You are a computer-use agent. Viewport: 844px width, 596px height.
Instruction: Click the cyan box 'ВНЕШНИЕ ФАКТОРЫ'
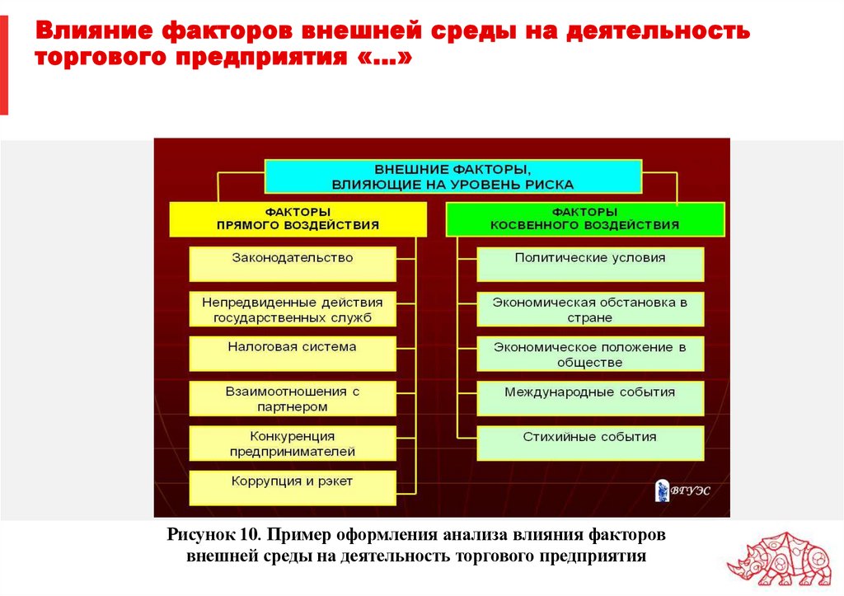pos(452,176)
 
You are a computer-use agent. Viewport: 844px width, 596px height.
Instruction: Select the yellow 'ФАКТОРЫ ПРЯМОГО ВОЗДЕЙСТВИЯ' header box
pos(298,218)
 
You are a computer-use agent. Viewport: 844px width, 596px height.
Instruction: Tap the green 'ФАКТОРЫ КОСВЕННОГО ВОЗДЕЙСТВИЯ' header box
pos(584,218)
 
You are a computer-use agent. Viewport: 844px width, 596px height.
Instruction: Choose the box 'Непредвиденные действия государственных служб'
pos(292,309)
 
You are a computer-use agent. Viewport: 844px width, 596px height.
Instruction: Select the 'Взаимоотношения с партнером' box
pos(292,398)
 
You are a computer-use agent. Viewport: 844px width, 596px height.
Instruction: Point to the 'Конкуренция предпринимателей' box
pos(292,443)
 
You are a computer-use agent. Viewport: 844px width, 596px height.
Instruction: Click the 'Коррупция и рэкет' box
pos(292,486)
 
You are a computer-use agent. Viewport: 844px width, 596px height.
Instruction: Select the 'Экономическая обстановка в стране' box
pos(590,309)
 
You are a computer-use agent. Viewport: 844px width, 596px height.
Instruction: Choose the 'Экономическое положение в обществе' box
pos(590,354)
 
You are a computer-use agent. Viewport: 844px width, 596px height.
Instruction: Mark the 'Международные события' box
pos(590,398)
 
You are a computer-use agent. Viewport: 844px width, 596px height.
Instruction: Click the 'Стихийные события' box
pos(590,443)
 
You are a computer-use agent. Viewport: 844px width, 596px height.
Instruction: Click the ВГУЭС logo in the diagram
pos(682,490)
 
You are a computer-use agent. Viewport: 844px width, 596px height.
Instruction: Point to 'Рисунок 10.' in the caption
pos(214,534)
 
